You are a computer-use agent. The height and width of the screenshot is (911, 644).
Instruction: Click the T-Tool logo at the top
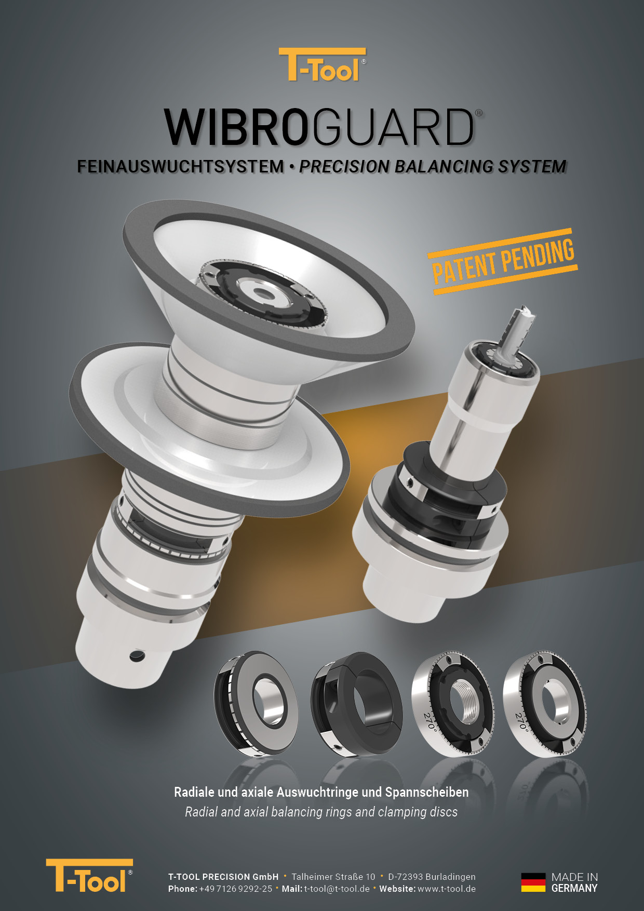pos(322,64)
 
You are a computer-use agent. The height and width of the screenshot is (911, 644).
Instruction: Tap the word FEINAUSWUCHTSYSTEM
pos(181,166)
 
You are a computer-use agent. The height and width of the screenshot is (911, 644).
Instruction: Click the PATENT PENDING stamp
pos(503,261)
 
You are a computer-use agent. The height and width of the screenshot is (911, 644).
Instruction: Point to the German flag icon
pos(533,882)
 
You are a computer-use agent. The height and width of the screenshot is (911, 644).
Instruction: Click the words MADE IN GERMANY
pos(574,882)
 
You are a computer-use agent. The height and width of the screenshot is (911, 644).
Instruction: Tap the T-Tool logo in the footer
pos(89,876)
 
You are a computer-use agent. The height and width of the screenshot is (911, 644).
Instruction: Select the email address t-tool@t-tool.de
pos(337,889)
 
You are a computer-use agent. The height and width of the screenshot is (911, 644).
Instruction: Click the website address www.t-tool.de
pos(447,889)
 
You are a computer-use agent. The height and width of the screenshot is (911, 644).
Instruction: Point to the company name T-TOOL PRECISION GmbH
pos(223,877)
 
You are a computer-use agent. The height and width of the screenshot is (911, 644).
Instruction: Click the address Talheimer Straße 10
pos(333,877)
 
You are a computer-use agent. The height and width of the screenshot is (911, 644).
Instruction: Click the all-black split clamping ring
pos(357,703)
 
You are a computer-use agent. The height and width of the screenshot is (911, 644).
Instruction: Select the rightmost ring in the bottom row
pos(545,703)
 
